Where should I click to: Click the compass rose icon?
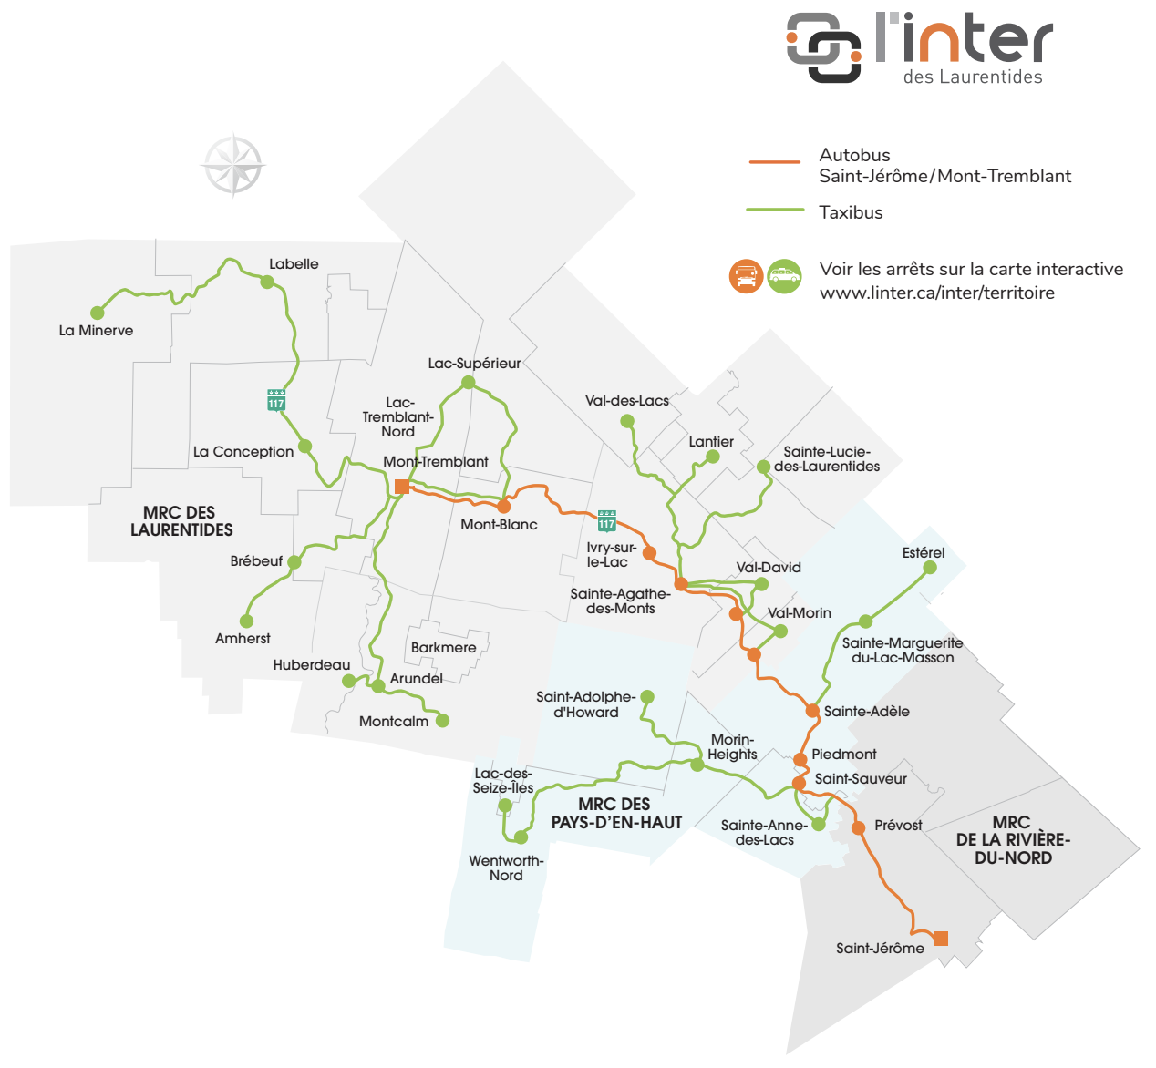[x=233, y=165]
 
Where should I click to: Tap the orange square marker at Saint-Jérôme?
[x=941, y=939]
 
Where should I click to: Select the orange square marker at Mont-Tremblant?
[x=402, y=487]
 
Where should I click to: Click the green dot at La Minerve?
[x=98, y=313]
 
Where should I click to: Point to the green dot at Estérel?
[x=930, y=568]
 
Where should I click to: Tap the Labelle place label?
[x=294, y=264]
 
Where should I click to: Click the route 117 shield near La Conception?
[x=276, y=400]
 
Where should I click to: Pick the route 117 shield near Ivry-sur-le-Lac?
[x=607, y=520]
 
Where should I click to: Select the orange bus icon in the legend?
[x=746, y=275]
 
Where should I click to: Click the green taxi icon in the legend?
[x=784, y=275]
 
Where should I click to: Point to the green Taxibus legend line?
[x=775, y=211]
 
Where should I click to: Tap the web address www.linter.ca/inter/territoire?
[x=936, y=293]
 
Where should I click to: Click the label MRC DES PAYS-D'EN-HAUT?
[x=616, y=813]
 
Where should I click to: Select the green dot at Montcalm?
[x=442, y=721]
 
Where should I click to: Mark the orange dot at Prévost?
[x=858, y=827]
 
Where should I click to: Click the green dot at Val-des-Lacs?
[x=627, y=421]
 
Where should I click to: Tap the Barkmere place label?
[x=443, y=648]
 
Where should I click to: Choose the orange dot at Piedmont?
[x=800, y=759]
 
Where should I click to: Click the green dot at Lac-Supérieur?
[x=469, y=383]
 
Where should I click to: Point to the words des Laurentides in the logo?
[x=973, y=77]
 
